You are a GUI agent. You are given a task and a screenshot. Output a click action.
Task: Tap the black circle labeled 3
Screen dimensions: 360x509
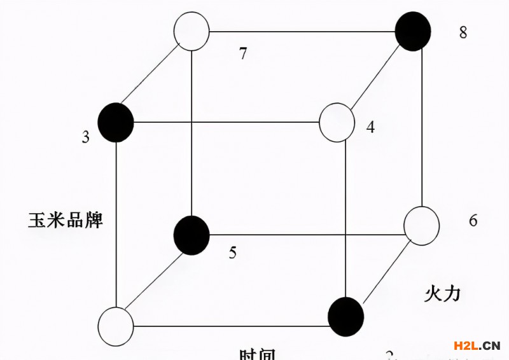click(116, 121)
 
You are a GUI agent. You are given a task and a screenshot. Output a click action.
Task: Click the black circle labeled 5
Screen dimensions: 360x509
click(192, 234)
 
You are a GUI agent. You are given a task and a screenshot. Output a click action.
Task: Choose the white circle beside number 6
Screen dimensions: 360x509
click(422, 226)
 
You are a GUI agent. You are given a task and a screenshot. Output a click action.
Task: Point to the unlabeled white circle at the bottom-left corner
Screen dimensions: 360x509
click(116, 326)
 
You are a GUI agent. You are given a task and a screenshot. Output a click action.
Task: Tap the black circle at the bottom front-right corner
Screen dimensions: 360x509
click(345, 316)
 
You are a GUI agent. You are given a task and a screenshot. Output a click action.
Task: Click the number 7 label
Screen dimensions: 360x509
click(242, 53)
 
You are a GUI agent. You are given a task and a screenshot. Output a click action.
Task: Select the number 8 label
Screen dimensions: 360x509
click(463, 32)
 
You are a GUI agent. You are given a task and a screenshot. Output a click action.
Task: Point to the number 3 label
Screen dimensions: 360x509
click(85, 137)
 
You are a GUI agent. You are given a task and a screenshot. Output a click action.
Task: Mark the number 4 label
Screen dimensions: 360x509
click(370, 127)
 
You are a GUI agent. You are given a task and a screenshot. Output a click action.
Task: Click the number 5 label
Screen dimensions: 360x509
click(232, 253)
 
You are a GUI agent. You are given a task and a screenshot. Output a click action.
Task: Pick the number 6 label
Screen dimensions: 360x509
click(473, 221)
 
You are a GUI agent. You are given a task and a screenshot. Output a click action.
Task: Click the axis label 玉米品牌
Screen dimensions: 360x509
click(66, 221)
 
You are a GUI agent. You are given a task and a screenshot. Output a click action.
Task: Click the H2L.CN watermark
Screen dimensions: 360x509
click(477, 345)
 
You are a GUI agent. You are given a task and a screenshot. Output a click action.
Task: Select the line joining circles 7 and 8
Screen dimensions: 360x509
click(302, 31)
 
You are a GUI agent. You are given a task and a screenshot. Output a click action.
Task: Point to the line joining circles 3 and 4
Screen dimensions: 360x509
click(226, 121)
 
